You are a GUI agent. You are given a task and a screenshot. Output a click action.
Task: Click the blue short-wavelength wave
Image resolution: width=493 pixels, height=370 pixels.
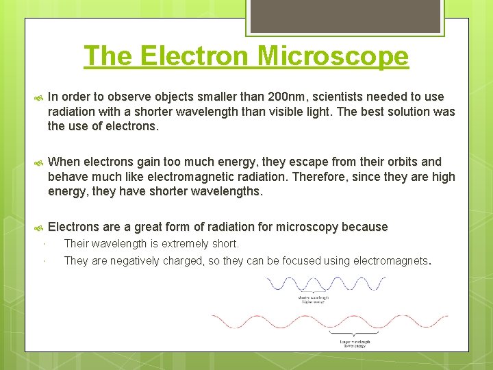tap(325, 284)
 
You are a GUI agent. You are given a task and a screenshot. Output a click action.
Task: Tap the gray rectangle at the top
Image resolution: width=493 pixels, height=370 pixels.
tap(344, 16)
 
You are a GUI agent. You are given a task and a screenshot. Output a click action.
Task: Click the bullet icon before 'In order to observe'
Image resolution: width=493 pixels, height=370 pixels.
tap(40, 97)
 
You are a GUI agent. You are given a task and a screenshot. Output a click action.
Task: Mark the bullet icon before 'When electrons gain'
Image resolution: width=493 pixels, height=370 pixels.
tap(40, 162)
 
